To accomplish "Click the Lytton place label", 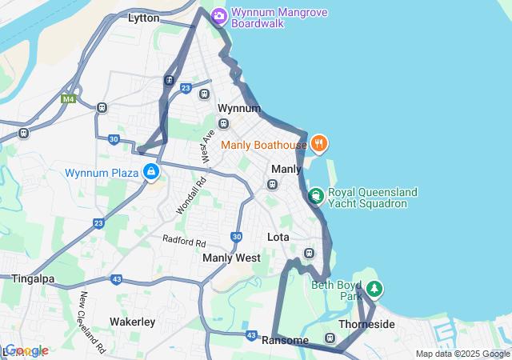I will tap(145, 18).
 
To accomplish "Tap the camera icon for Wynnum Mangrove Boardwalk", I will tap(218, 16).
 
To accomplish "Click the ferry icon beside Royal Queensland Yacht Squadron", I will tap(316, 194).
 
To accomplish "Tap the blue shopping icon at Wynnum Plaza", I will tap(150, 171).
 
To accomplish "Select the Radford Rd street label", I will tap(184, 239).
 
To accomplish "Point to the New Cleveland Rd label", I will tap(91, 322).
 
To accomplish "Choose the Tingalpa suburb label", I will tap(32, 278).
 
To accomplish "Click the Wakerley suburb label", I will tap(132, 322).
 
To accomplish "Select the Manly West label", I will tap(231, 258).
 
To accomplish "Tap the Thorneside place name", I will tap(366, 324).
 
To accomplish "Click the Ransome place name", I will tap(285, 341).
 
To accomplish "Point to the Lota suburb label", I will tap(278, 238).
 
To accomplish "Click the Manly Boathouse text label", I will tap(264, 145).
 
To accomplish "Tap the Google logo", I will tap(26, 350).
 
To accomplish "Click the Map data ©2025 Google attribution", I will tap(462, 354).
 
